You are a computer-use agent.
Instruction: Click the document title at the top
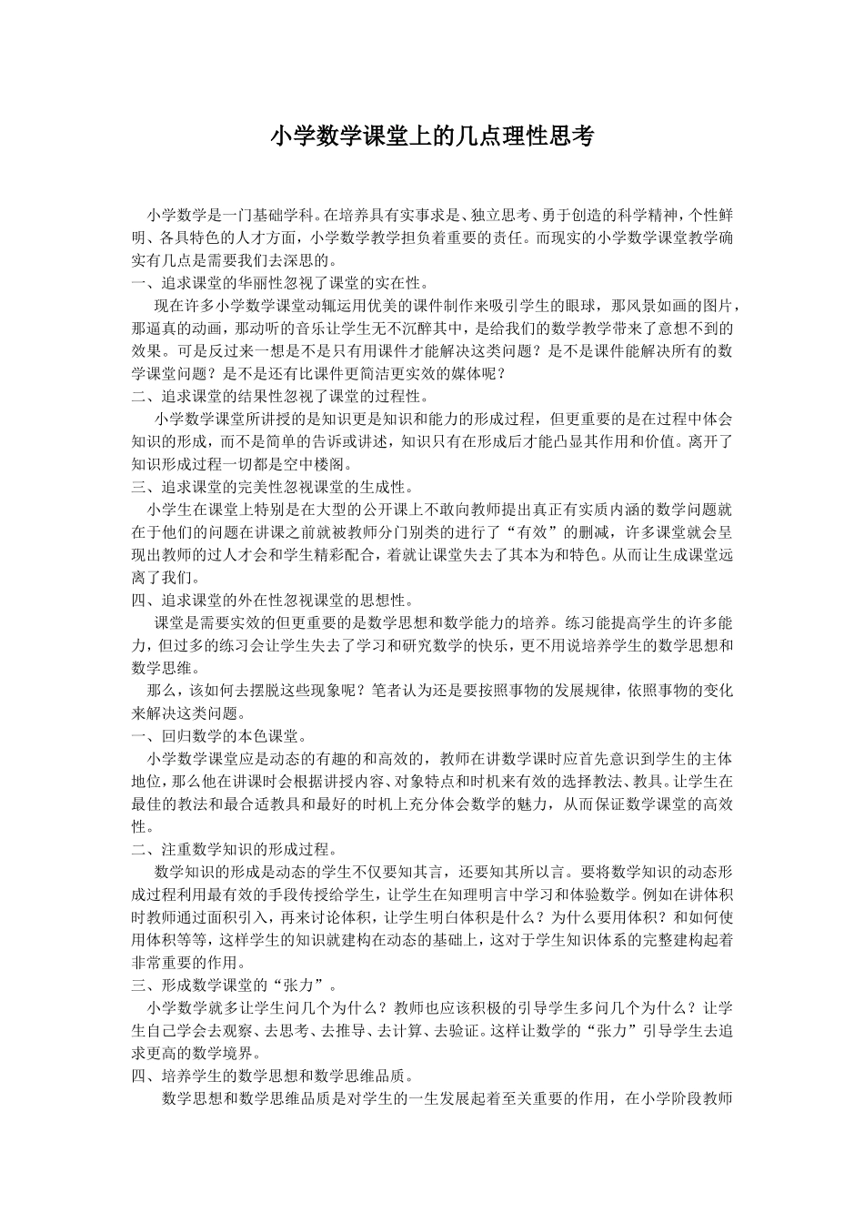[x=432, y=137]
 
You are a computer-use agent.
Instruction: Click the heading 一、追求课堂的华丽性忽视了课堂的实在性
[x=278, y=283]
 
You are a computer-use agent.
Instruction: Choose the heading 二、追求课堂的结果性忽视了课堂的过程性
[x=278, y=396]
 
